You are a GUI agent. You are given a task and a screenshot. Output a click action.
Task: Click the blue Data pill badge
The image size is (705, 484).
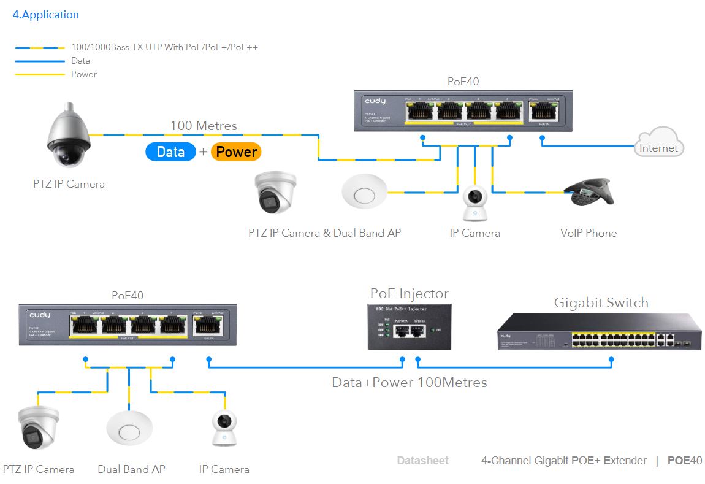point(170,152)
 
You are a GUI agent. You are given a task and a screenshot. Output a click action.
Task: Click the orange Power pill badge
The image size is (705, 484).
point(236,152)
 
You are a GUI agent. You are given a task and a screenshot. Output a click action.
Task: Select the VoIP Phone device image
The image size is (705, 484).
point(589,192)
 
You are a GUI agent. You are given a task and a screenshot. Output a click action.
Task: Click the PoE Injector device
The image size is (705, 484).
point(410,327)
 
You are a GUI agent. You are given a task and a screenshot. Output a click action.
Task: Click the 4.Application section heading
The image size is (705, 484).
point(46,15)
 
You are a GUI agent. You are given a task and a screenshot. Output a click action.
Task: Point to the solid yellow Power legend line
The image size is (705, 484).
point(40,74)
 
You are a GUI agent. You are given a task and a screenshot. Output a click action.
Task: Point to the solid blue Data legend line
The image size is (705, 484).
point(40,61)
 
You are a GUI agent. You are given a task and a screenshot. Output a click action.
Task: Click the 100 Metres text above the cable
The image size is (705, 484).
point(204,126)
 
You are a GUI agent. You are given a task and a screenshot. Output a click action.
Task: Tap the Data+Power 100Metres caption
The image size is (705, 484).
point(410,383)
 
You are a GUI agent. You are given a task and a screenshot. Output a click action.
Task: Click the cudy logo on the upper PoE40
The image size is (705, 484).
point(375,101)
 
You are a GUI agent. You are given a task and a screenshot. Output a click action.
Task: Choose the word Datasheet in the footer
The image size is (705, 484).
point(422,461)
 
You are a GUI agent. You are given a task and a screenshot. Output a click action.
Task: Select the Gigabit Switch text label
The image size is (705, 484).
point(601,302)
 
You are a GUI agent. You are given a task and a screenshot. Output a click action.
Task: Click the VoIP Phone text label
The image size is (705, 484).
point(589,233)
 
